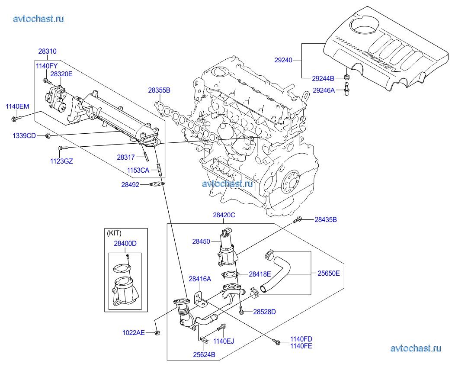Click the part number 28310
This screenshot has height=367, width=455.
47,52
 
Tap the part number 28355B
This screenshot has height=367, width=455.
159,90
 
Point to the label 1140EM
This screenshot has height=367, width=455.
17,106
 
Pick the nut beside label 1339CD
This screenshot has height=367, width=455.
48,136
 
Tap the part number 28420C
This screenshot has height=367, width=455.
224,215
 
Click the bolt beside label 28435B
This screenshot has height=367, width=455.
297,221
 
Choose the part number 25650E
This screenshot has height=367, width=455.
329,274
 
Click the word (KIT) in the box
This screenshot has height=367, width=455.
114,233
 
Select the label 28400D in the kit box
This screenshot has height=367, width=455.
125,244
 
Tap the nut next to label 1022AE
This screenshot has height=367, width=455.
158,332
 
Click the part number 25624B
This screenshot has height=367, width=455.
204,355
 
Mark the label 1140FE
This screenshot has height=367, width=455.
301,346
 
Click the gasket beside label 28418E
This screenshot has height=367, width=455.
230,274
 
